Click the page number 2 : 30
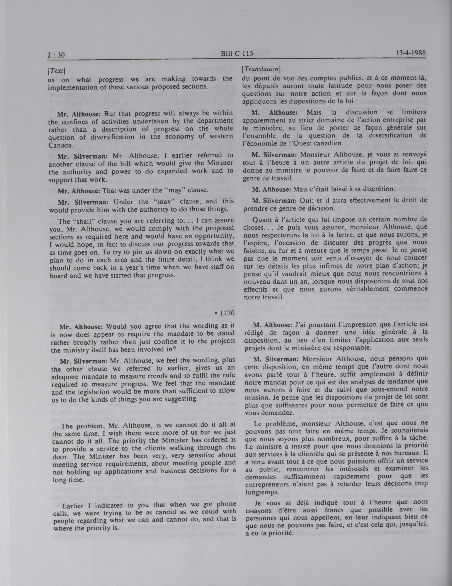pyautogui.click(x=56, y=55)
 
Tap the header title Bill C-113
pyautogui.click(x=237, y=54)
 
